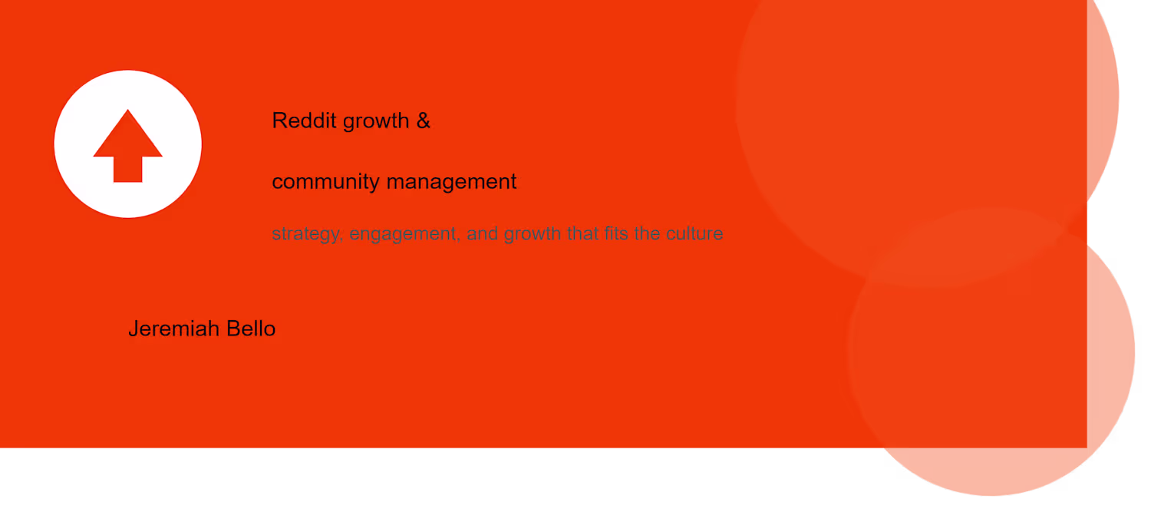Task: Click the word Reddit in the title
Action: [304, 121]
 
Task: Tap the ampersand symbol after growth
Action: [424, 121]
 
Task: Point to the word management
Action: [452, 181]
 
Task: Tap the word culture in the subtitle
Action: [694, 233]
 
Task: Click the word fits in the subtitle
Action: [617, 233]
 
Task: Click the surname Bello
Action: [251, 329]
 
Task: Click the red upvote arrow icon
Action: [128, 146]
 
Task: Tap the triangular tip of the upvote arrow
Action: [128, 110]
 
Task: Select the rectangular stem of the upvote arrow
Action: [128, 169]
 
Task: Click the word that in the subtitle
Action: [583, 233]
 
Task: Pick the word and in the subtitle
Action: [482, 233]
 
